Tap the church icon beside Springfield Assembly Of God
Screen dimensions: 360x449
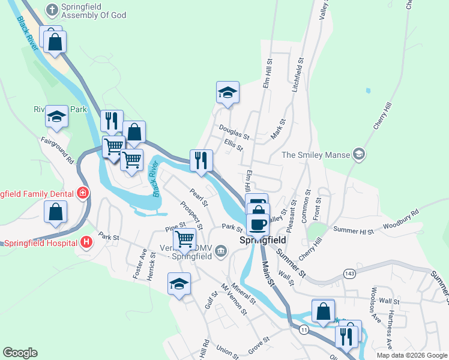coord(52,10)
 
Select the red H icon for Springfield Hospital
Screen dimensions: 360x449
coord(87,242)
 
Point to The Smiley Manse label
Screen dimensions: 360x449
coord(316,155)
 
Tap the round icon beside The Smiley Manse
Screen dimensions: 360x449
coord(359,155)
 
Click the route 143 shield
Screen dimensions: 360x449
coord(349,274)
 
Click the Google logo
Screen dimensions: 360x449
coord(20,353)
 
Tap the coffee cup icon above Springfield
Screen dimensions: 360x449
coord(258,224)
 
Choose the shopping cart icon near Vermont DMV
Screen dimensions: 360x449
coord(185,239)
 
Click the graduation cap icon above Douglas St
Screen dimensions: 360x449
coord(228,93)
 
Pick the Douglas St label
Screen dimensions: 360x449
coord(234,131)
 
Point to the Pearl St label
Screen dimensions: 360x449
coord(198,197)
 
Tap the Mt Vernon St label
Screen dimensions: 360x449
coord(234,299)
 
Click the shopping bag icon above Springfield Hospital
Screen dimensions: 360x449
coord(56,212)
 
